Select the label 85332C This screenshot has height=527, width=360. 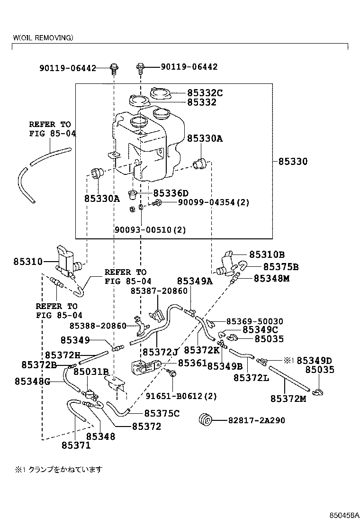205,93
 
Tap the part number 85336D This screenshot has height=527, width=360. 171,193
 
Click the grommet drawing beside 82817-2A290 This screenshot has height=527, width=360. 206,420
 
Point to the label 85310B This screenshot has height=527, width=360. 267,254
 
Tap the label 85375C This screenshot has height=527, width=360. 162,414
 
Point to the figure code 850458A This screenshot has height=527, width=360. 345,515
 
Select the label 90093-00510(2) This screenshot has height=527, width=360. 150,230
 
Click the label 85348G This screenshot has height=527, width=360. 32,381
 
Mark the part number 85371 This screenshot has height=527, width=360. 76,445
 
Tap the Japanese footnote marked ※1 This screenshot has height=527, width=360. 59,470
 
